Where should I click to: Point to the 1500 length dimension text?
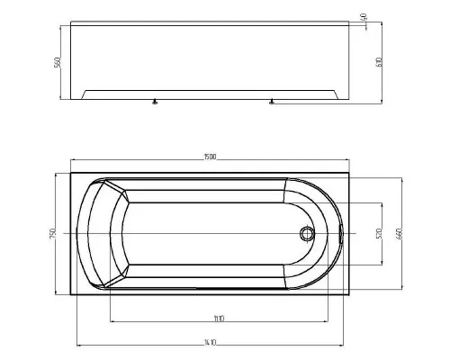pyautogui.click(x=210, y=160)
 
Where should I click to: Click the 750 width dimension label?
pyautogui.click(x=56, y=232)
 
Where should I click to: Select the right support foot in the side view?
pyautogui.click(x=270, y=102)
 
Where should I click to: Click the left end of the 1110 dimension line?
pyautogui.click(x=110, y=321)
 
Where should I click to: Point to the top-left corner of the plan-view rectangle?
pyautogui.click(x=69, y=168)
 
